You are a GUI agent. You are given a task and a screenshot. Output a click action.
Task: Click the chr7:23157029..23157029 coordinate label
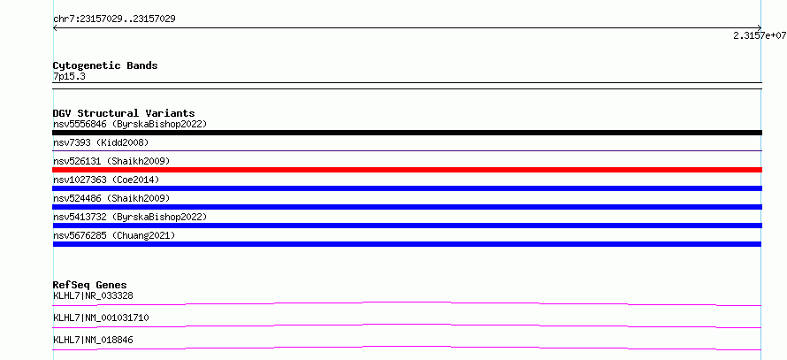114,19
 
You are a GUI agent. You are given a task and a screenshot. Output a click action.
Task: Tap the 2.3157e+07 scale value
760,35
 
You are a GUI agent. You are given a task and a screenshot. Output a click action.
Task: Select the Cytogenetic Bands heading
105,65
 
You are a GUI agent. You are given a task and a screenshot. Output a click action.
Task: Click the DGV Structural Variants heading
124,113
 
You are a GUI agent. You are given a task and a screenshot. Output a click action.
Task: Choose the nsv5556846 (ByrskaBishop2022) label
130,124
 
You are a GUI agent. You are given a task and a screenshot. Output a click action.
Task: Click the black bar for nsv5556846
407,133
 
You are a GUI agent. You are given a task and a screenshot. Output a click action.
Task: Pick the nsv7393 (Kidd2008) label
101,142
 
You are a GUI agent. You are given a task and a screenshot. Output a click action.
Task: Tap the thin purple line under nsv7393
407,150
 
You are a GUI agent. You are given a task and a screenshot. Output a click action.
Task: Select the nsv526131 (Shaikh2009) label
111,161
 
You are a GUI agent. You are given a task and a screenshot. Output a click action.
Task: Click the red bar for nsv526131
407,170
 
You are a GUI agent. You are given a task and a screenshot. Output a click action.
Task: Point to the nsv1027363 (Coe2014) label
106,180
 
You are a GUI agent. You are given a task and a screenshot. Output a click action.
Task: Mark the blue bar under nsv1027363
407,188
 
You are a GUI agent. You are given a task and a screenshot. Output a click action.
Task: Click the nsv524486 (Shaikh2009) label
111,198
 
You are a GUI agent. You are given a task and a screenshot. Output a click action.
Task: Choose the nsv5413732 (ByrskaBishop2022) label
130,217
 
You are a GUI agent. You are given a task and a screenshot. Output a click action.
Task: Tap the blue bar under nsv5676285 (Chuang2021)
407,244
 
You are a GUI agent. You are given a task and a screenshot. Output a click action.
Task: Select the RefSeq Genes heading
90,285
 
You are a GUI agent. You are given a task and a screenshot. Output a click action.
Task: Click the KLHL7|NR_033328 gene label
93,295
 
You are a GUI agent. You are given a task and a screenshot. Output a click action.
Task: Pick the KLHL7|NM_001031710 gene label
101,318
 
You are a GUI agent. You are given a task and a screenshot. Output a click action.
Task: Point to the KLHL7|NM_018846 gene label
93,340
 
